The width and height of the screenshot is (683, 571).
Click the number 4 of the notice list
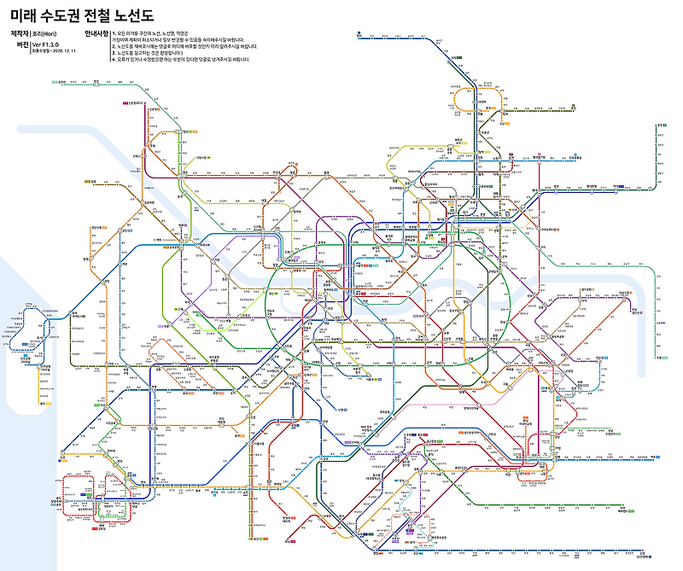113,60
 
